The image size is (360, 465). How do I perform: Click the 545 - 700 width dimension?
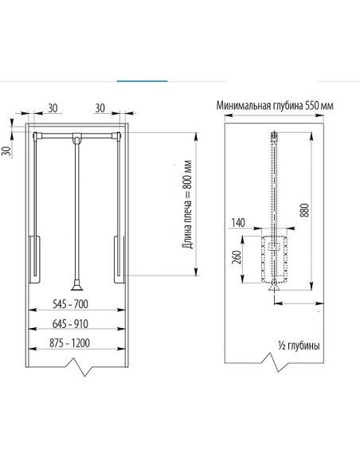click(70, 304)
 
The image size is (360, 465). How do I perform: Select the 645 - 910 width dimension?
click(70, 323)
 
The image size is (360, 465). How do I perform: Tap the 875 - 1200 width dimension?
click(69, 343)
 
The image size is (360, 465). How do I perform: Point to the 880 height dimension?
click(305, 210)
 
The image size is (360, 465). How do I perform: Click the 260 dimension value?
click(237, 257)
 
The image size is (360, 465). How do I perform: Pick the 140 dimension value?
click(238, 222)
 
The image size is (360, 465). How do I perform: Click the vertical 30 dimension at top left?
click(6, 150)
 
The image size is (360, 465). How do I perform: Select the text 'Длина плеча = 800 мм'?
click(188, 204)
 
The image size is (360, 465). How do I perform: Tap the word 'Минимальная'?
click(243, 106)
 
